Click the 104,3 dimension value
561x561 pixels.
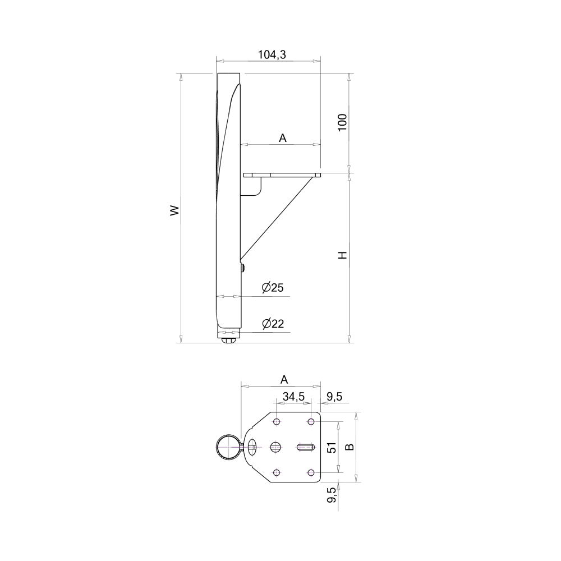click(x=272, y=55)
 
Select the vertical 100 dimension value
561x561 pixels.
click(x=342, y=122)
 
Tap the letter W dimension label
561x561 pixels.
click(x=174, y=210)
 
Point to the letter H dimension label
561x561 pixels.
click(x=343, y=255)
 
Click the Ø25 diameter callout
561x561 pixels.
click(x=273, y=287)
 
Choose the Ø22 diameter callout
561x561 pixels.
click(x=273, y=324)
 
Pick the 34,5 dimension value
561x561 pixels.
click(x=293, y=397)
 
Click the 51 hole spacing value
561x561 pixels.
click(x=332, y=448)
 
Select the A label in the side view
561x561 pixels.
click(x=283, y=138)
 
